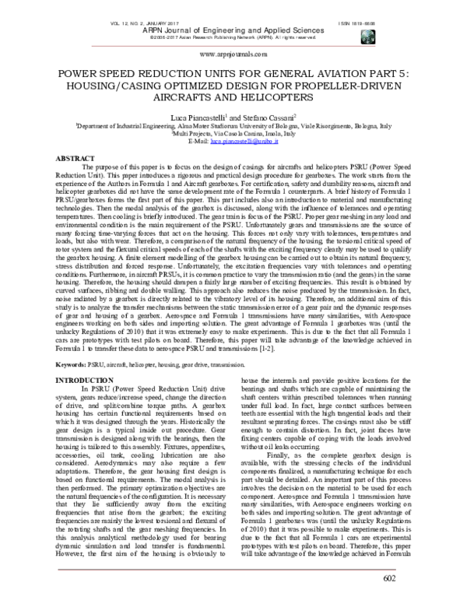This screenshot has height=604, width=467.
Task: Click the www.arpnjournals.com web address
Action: pyautogui.click(x=233, y=55)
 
